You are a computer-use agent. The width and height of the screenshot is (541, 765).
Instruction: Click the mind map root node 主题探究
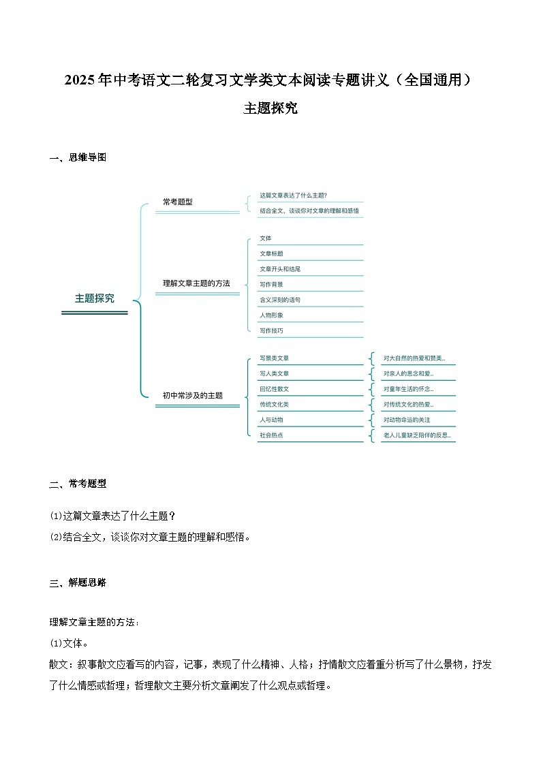tap(95, 298)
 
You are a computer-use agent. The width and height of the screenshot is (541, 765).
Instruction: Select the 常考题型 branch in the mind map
tap(178, 202)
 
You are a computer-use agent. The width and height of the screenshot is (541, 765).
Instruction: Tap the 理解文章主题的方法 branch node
tap(196, 283)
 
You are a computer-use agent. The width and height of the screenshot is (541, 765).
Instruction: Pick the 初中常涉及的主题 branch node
tap(192, 395)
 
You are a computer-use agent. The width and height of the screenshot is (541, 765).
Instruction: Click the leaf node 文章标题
tap(271, 253)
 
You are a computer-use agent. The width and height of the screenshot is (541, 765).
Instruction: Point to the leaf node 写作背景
tap(271, 284)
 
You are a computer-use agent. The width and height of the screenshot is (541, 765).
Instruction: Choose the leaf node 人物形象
tap(271, 315)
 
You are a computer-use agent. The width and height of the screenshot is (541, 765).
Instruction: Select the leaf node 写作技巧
tap(271, 330)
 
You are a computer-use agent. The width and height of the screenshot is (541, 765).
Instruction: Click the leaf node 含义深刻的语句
tap(280, 300)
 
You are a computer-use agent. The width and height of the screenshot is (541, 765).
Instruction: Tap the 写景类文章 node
tap(275, 358)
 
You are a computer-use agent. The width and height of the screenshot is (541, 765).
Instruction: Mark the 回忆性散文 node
tap(275, 389)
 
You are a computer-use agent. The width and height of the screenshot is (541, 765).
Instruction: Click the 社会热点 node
tap(271, 435)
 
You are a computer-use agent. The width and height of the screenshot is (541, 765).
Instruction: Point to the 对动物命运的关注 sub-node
tap(407, 420)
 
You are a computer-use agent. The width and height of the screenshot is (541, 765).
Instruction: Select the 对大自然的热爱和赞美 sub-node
tap(414, 358)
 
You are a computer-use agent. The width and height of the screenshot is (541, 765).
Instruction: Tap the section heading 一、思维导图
tap(78, 157)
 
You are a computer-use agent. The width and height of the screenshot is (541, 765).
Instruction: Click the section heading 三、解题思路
tap(78, 582)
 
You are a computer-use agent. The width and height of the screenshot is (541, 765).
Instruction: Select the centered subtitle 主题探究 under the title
tap(270, 108)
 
